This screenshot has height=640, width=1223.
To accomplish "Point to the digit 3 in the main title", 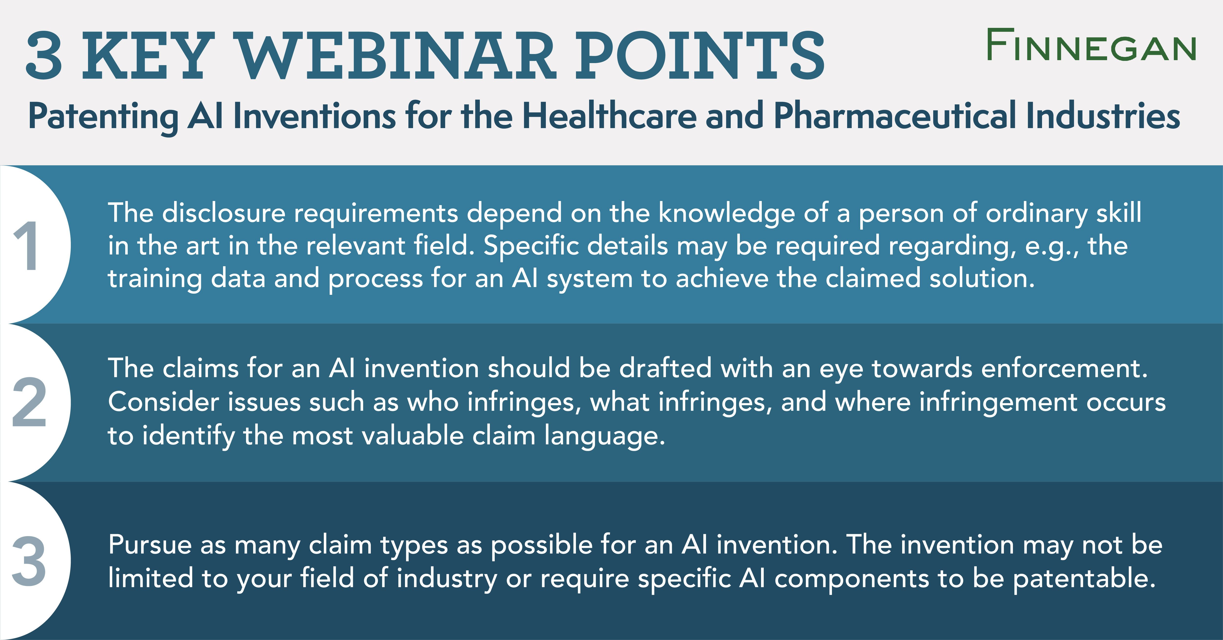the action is coord(44,56).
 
